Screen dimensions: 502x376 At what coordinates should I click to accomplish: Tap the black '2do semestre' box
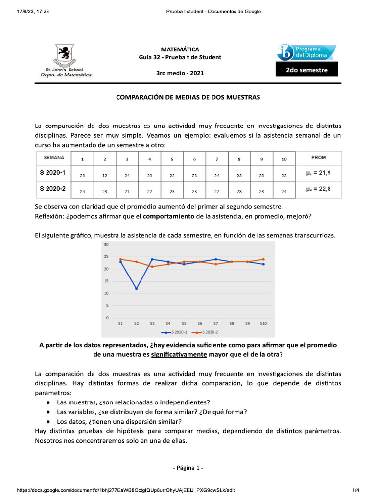(306, 70)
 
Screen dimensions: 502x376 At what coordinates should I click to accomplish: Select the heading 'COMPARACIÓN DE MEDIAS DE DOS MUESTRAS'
(188, 97)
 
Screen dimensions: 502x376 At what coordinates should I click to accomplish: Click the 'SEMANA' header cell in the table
(54, 158)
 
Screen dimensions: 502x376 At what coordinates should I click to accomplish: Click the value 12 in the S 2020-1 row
(105, 175)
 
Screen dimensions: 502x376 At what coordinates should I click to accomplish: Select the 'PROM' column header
(318, 158)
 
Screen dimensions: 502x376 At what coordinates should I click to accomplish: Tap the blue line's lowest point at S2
(137, 288)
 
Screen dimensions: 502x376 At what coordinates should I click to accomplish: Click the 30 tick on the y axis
(106, 244)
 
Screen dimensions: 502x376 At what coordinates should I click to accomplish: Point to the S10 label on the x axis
(263, 324)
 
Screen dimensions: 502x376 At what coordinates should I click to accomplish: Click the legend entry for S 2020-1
(174, 332)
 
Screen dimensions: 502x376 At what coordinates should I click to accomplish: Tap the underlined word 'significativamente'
(178, 354)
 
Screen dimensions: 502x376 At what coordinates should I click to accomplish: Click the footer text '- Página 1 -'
(188, 468)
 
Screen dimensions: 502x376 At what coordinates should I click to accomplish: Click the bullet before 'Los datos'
(48, 421)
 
